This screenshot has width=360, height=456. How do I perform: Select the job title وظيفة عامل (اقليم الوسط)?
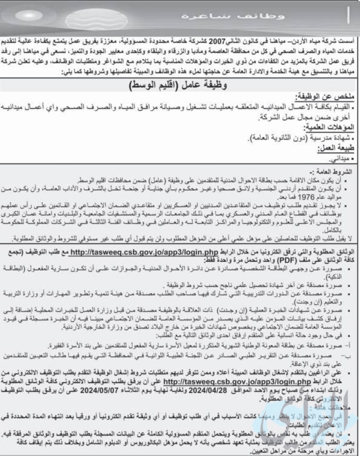pos(178,86)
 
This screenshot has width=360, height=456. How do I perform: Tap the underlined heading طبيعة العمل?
pos(336,148)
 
